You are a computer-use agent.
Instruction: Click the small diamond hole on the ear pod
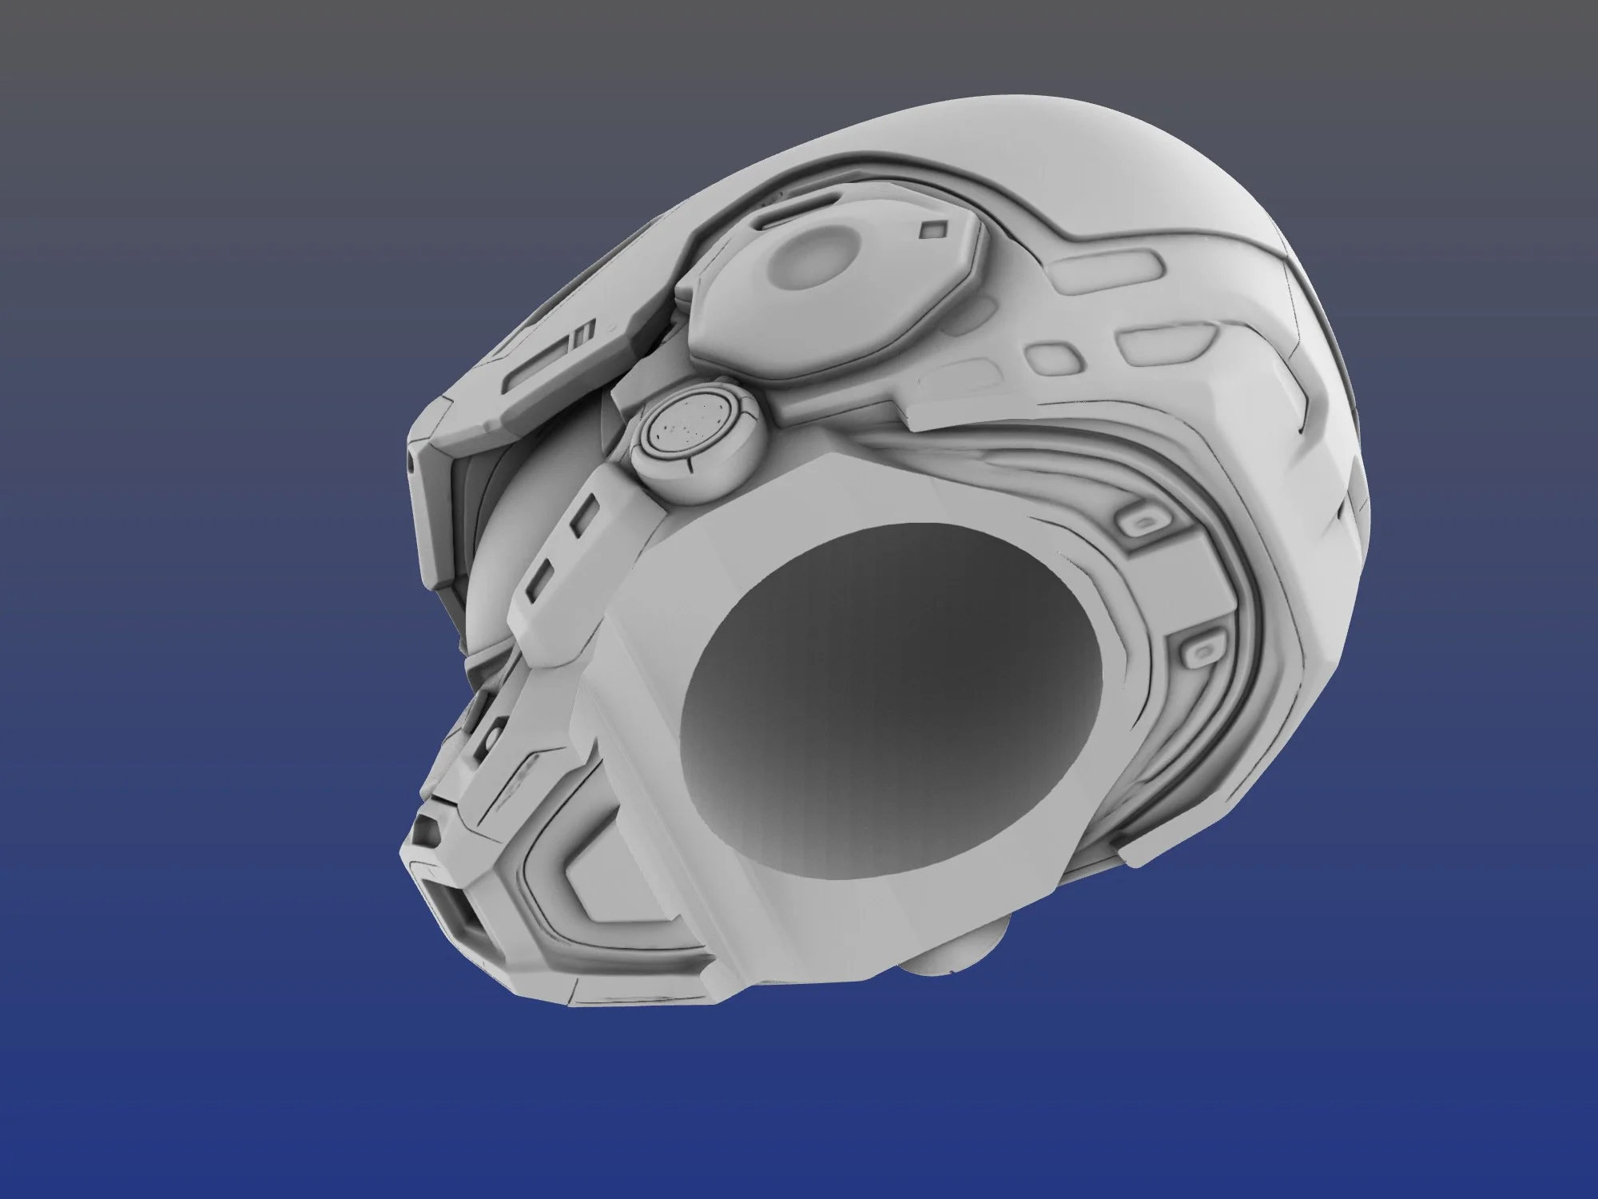click(x=932, y=229)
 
